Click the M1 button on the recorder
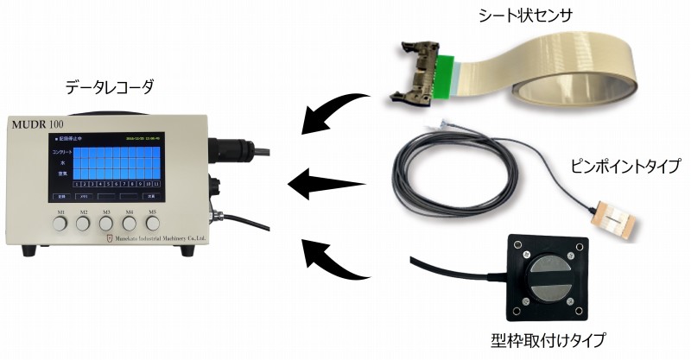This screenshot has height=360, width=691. (x=61, y=224)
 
